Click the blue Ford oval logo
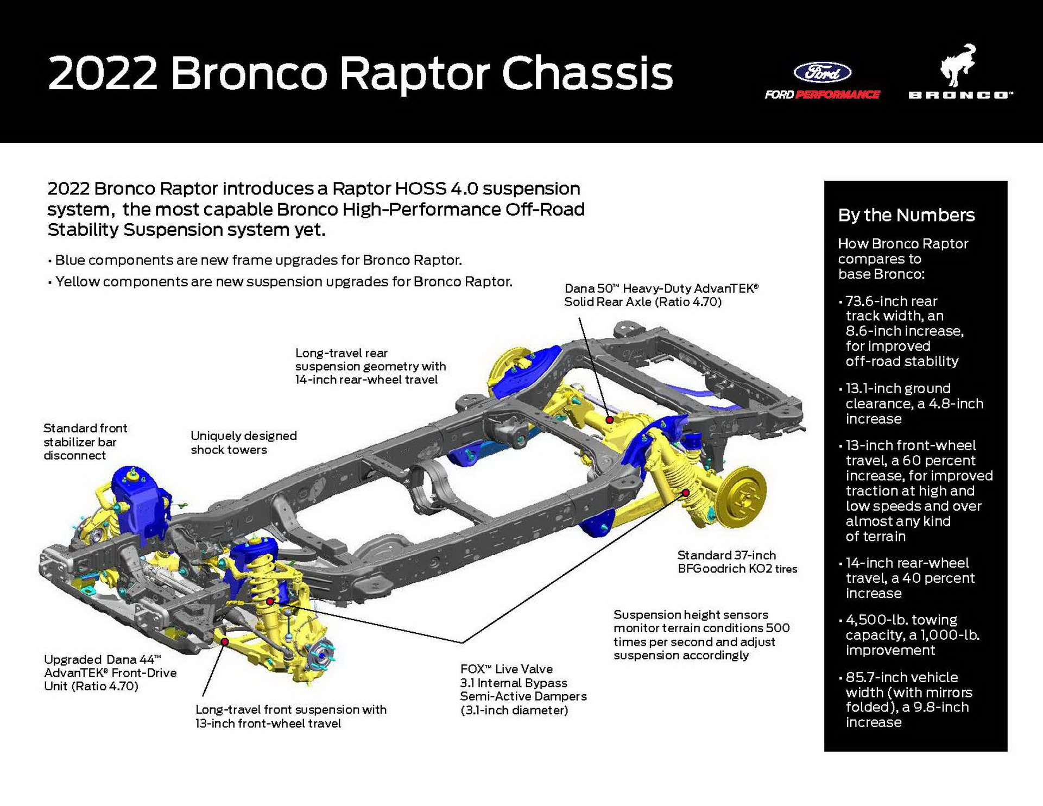click(x=822, y=72)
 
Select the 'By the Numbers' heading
click(x=906, y=215)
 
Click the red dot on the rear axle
click(x=610, y=420)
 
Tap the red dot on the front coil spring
click(x=270, y=601)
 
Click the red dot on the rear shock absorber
click(x=685, y=493)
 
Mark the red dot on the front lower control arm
click(x=224, y=641)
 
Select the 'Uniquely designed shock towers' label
click(x=243, y=443)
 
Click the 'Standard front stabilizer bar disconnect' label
click(x=85, y=442)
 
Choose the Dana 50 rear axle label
click(x=661, y=295)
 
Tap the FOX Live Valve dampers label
click(x=523, y=689)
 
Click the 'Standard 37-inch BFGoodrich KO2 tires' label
click(x=737, y=562)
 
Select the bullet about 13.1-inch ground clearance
click(x=913, y=404)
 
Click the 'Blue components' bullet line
click(x=258, y=260)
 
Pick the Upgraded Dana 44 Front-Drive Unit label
click(x=110, y=672)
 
